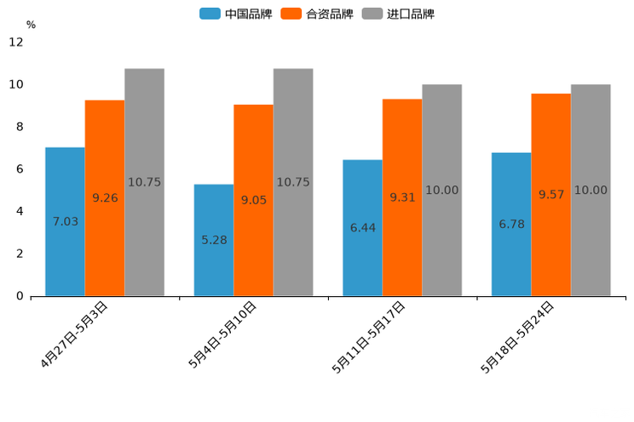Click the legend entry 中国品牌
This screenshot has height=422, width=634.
click(236, 14)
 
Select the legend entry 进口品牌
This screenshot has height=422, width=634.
click(399, 14)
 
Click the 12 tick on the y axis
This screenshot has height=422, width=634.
click(16, 43)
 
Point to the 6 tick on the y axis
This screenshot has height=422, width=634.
click(20, 169)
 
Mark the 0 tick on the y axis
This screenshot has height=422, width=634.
click(20, 296)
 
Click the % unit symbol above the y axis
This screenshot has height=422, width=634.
click(31, 25)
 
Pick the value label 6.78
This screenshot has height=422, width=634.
click(511, 225)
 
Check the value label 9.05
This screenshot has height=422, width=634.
click(254, 200)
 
